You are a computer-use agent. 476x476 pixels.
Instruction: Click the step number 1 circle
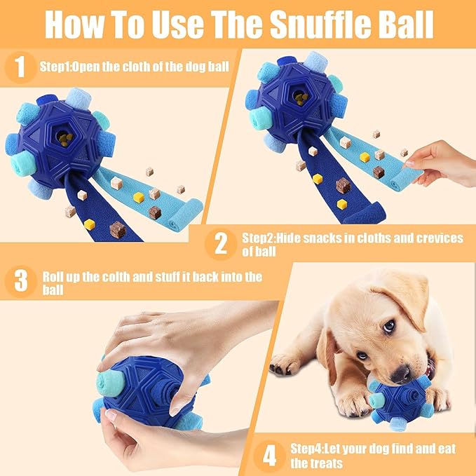tap(20, 67)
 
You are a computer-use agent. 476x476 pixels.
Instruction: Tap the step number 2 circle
tap(221, 244)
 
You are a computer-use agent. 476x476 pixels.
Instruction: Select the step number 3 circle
tap(20, 282)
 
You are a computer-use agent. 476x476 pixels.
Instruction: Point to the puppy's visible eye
tap(388, 327)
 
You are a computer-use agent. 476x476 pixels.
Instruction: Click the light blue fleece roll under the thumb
tap(113, 383)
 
